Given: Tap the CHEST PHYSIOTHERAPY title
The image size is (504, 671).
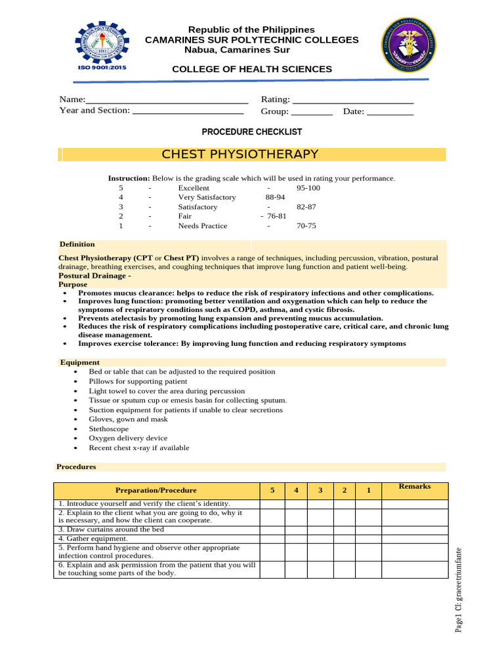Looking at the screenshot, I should [x=240, y=155].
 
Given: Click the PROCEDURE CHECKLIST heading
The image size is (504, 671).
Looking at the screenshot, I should [x=251, y=132].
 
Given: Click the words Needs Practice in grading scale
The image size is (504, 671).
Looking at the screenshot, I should [x=203, y=226].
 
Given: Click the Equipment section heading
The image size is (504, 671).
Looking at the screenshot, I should [x=79, y=362].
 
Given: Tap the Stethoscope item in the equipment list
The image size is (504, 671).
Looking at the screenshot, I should [x=109, y=429].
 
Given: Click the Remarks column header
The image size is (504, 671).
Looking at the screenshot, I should [x=415, y=487].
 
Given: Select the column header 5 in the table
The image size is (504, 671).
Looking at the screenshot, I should [x=272, y=491].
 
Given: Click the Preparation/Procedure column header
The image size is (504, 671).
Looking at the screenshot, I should [x=156, y=491].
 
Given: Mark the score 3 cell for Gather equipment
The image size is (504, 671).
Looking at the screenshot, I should [x=320, y=539].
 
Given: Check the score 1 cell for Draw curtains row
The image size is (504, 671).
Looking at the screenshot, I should [x=369, y=529].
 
